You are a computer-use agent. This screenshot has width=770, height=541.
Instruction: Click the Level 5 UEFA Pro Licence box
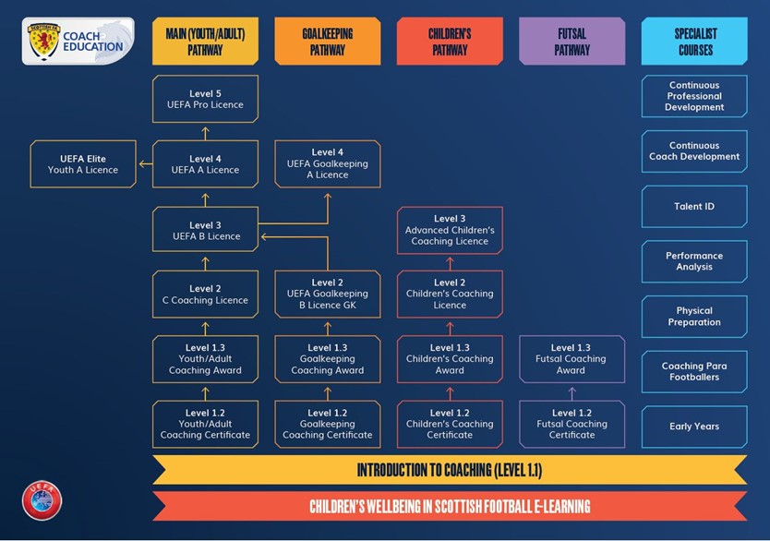(x=205, y=99)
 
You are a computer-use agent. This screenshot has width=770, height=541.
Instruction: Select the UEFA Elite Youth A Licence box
(x=83, y=164)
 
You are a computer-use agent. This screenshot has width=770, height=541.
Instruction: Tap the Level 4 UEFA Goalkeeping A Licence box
(x=327, y=163)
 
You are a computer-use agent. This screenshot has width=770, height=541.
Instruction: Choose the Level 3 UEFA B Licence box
(x=205, y=230)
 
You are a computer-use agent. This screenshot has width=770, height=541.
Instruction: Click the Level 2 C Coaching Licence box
(x=205, y=295)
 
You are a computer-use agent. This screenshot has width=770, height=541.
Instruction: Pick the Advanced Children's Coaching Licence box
(x=450, y=230)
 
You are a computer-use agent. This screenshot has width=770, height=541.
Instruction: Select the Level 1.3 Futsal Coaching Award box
(x=571, y=359)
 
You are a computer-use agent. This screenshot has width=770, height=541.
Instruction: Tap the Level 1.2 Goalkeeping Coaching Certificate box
(x=327, y=424)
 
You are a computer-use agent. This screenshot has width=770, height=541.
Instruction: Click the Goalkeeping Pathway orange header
(x=327, y=42)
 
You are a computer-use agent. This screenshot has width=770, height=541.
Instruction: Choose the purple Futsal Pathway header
(x=571, y=42)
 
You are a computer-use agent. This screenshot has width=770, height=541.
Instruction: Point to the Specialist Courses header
(x=693, y=42)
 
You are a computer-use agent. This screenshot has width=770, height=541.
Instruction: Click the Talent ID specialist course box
(x=693, y=207)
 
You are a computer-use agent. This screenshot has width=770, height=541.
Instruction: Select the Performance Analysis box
(x=693, y=261)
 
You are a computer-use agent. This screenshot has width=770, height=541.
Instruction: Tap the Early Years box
(x=693, y=427)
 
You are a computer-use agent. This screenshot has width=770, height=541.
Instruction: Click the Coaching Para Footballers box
(x=693, y=371)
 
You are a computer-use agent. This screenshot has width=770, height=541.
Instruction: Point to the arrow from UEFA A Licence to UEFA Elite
(x=145, y=164)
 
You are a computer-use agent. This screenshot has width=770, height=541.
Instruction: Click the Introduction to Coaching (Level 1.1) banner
(x=450, y=470)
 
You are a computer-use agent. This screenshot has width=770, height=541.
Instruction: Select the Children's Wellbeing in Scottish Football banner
(x=450, y=506)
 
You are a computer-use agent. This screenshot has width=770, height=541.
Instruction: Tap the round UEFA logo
(x=42, y=499)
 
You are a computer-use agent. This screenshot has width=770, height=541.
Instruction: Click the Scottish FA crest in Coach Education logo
(x=42, y=42)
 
